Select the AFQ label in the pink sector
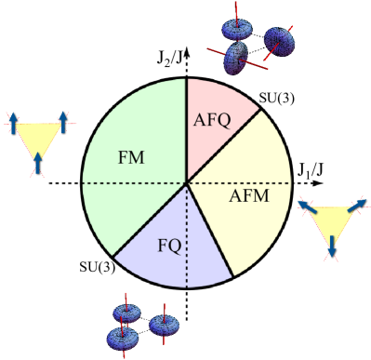point(211,119)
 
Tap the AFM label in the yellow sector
point(246,198)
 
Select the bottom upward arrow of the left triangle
point(37,164)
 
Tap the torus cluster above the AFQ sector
point(249,44)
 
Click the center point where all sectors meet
point(186,182)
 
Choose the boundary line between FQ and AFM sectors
point(209,233)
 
